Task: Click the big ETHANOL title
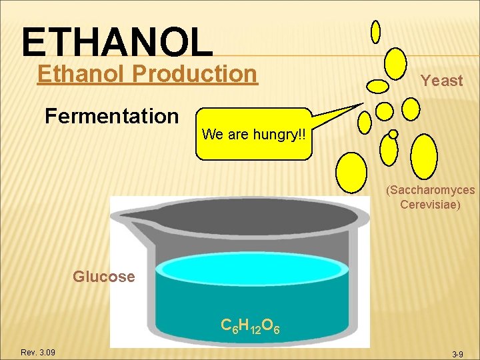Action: (x=117, y=41)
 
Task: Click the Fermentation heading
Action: (x=111, y=116)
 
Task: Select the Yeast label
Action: (x=441, y=81)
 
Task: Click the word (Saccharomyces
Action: (x=430, y=190)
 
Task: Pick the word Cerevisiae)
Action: (x=430, y=205)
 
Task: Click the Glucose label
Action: (x=103, y=277)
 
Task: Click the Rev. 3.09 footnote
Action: (x=38, y=352)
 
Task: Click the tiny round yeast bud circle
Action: (x=393, y=134)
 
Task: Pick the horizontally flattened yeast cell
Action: (x=378, y=86)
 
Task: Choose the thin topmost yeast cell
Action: (x=375, y=31)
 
